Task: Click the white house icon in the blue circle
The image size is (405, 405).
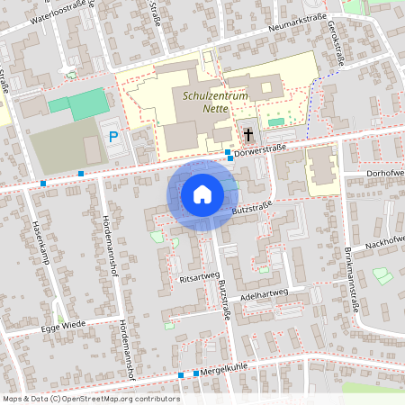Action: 202,193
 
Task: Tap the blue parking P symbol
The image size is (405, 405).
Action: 113,137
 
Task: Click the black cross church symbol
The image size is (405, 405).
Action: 247,136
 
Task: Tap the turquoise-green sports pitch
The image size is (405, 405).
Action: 84,103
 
